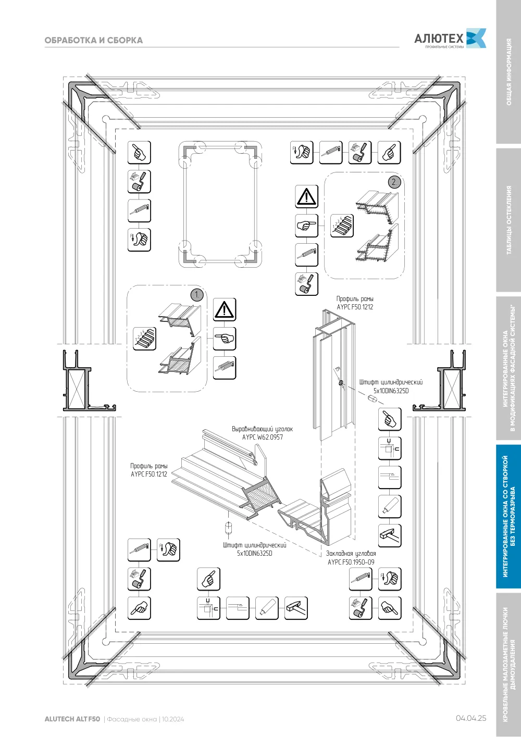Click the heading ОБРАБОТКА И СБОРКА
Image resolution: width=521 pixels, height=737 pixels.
[93, 40]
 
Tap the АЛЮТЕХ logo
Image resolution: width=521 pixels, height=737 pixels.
[450, 39]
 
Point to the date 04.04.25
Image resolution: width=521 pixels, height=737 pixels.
[471, 718]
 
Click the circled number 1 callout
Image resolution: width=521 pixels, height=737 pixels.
[197, 294]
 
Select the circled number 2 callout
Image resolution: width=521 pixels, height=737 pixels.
[394, 182]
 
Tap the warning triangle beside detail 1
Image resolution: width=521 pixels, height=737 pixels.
[225, 309]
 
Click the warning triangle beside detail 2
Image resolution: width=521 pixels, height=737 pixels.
[306, 196]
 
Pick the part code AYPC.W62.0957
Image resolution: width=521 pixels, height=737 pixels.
[262, 438]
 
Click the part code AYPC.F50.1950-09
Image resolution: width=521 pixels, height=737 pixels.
[351, 562]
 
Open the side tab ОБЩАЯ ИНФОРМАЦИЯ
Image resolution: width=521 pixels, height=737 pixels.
[509, 72]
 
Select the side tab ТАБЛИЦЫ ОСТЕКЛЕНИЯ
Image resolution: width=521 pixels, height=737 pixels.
[509, 220]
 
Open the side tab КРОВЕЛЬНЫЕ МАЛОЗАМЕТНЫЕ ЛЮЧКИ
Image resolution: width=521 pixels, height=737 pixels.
[509, 665]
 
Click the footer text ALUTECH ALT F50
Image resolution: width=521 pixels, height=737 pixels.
[72, 719]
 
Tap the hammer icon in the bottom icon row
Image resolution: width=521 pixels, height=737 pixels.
[296, 608]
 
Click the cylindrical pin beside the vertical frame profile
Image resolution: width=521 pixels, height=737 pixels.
[372, 399]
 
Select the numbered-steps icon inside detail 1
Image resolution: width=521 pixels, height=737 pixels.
[144, 339]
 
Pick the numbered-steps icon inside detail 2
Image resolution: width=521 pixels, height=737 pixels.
[342, 226]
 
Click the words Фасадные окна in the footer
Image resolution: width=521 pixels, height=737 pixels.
[132, 719]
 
